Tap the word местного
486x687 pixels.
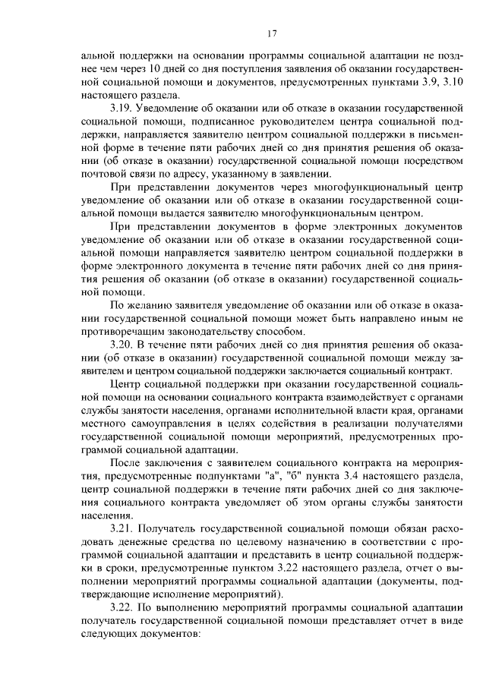(107, 424)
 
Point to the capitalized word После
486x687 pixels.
(128, 463)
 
